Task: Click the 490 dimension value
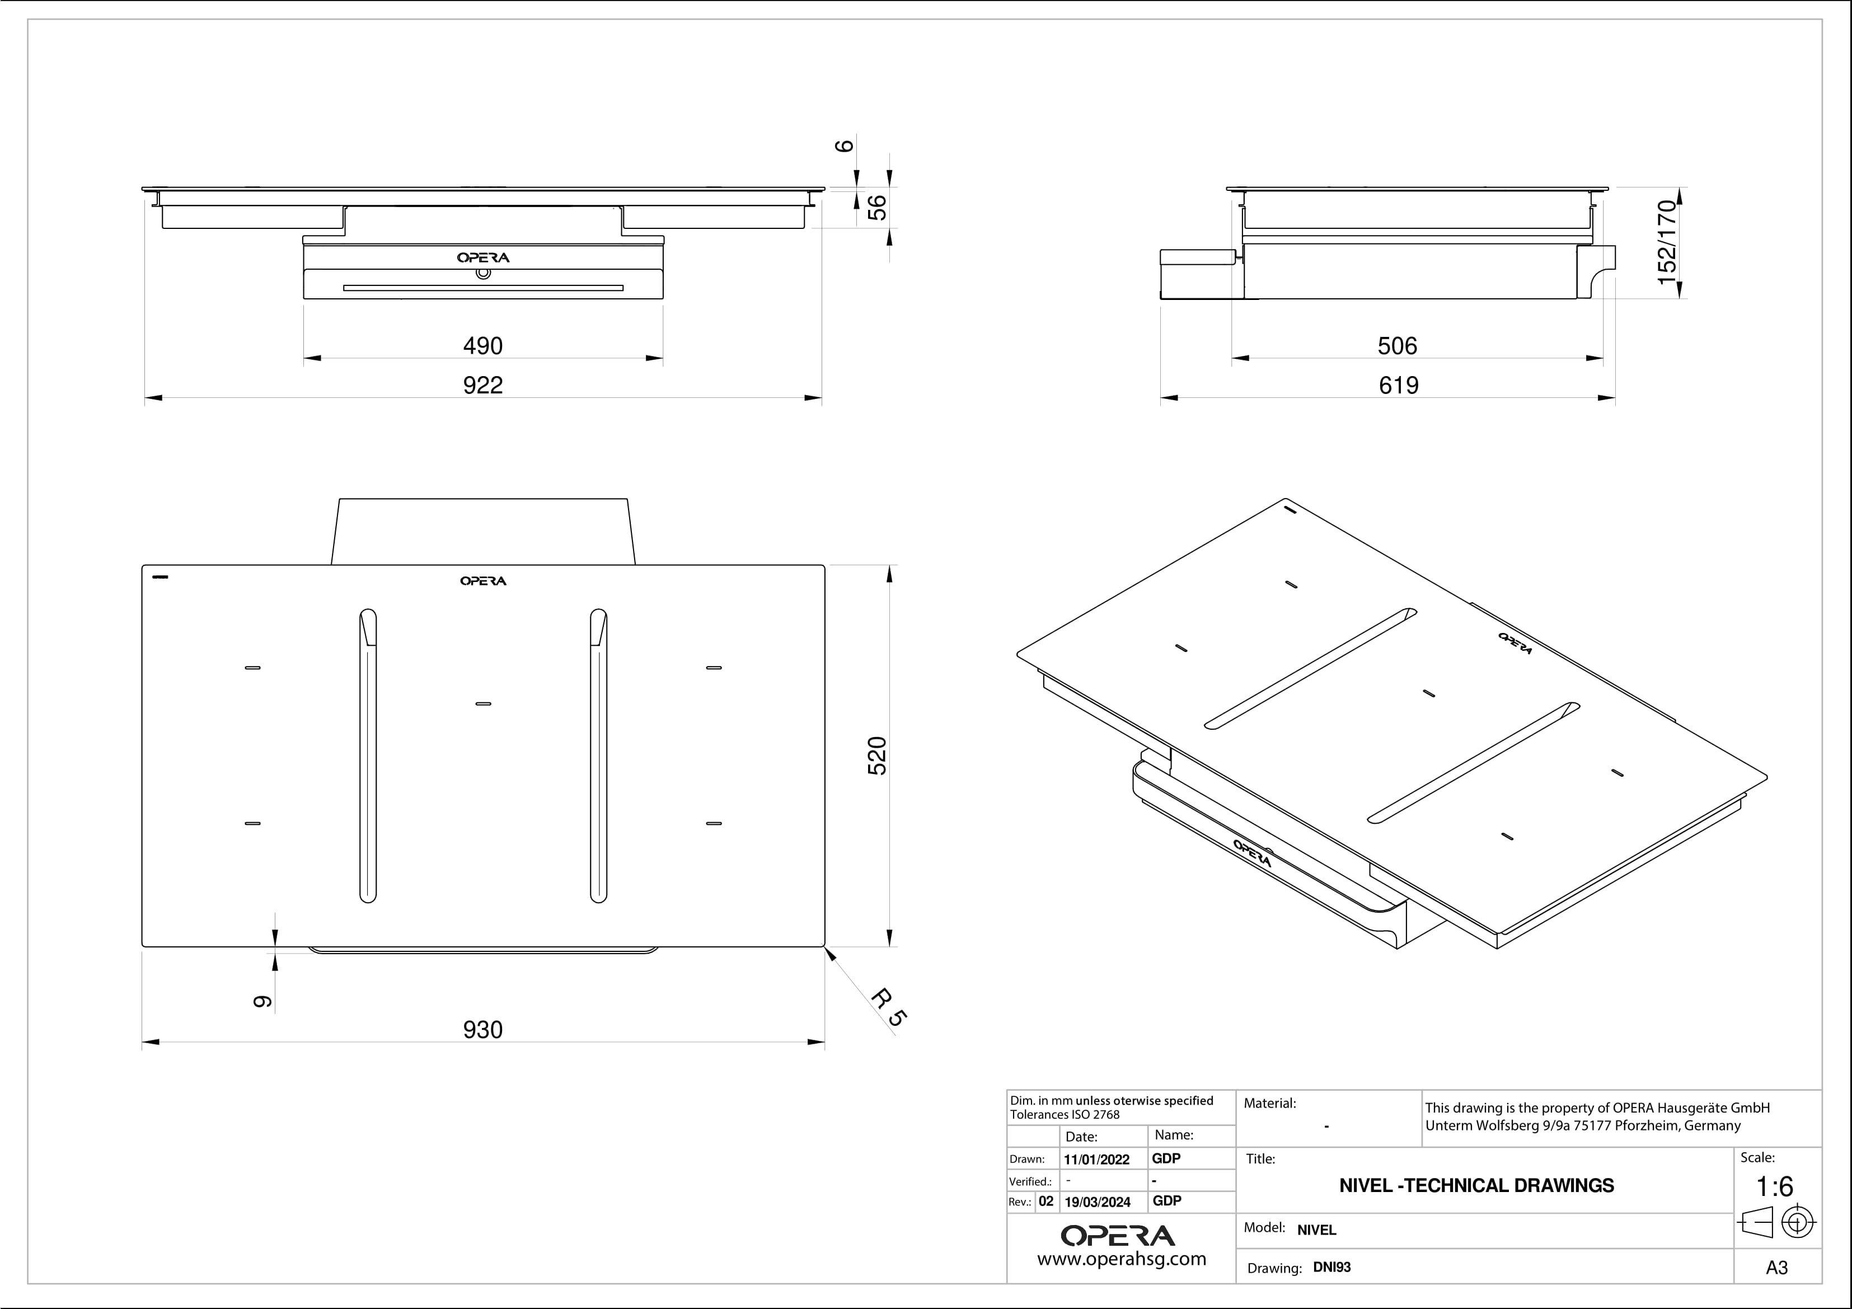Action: click(x=482, y=346)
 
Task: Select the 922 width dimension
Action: click(x=482, y=386)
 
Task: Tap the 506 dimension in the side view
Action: click(x=1397, y=346)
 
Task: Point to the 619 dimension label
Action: click(x=1398, y=386)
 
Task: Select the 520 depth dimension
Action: click(x=877, y=756)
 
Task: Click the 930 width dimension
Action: click(x=482, y=1030)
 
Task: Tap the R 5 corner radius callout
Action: click(x=889, y=1008)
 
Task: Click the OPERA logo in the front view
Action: click(x=483, y=258)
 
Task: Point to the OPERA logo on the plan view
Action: click(x=483, y=581)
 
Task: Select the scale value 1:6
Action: click(x=1775, y=1186)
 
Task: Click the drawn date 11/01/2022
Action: click(x=1096, y=1160)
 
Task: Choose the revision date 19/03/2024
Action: click(x=1097, y=1202)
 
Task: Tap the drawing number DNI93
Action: click(x=1331, y=1267)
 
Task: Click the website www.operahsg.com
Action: click(x=1121, y=1259)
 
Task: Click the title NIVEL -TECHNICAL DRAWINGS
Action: click(x=1476, y=1186)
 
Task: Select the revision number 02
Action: click(x=1045, y=1201)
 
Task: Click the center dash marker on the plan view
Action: click(x=483, y=704)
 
